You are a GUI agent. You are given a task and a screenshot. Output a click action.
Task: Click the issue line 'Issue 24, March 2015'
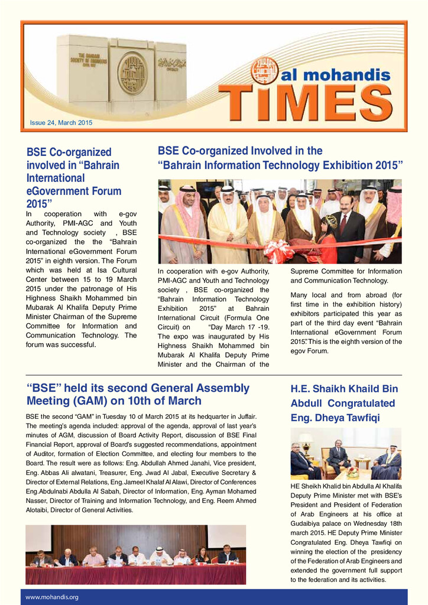pyautogui.click(x=61, y=123)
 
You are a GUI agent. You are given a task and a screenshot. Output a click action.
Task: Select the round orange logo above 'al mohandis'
pyautogui.click(x=264, y=70)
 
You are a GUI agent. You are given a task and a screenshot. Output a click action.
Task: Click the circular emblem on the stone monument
pyautogui.click(x=132, y=74)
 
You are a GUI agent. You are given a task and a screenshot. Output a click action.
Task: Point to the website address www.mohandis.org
pyautogui.click(x=52, y=597)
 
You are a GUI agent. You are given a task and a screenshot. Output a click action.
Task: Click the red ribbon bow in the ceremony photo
pyautogui.click(x=278, y=250)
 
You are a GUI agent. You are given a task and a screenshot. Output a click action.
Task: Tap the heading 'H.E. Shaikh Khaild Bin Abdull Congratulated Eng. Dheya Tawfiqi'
pyautogui.click(x=343, y=404)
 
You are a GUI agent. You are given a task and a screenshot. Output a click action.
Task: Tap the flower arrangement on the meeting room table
pyautogui.click(x=353, y=471)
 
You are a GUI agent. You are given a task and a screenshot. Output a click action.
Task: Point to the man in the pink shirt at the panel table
pyautogui.click(x=93, y=556)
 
